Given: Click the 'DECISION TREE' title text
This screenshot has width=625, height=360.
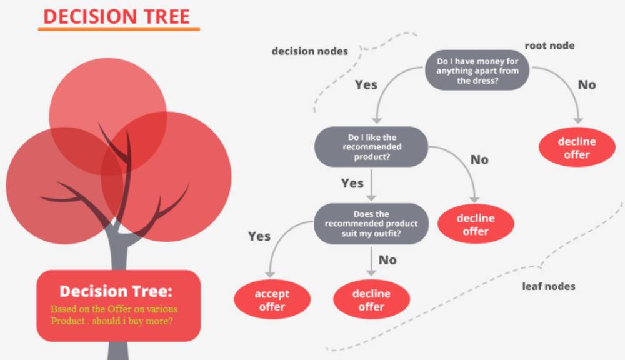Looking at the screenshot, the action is click(x=116, y=17).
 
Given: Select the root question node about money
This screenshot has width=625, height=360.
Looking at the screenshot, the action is click(x=477, y=70).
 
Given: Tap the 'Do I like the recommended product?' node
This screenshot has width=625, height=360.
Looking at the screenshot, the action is click(x=371, y=147).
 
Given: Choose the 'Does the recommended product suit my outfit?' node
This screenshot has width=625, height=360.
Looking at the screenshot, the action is click(x=371, y=224).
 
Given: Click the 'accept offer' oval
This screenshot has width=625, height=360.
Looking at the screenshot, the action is click(x=272, y=300).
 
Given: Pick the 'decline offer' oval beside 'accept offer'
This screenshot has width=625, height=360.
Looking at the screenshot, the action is click(x=371, y=300).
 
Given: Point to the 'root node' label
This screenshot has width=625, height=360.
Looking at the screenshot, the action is click(x=549, y=46).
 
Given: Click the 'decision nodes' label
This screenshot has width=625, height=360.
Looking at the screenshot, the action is click(x=310, y=51).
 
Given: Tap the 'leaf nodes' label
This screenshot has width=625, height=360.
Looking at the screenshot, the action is click(x=549, y=286).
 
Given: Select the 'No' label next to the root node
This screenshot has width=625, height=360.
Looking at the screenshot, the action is click(x=587, y=84).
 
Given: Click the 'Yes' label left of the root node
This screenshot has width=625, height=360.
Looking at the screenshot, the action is click(x=366, y=84).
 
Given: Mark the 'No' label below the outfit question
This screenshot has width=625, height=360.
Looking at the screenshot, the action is click(x=388, y=260).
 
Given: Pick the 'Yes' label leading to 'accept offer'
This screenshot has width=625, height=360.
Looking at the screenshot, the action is click(x=259, y=236).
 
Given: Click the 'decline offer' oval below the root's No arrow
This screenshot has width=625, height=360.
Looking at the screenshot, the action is click(x=577, y=147).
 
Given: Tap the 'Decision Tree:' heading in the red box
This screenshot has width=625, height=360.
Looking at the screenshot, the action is click(x=116, y=291).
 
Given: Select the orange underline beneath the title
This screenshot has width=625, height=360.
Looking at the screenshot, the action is click(x=119, y=29).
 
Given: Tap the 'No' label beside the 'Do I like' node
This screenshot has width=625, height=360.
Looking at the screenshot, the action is click(x=479, y=159).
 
